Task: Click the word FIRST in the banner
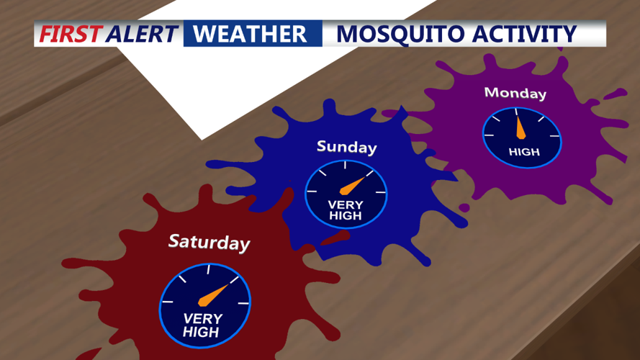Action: (71, 34)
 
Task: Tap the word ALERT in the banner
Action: (141, 34)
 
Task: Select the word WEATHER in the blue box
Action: (250, 34)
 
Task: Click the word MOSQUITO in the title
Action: (389, 34)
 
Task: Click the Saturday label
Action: (209, 242)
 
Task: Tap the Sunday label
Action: (346, 147)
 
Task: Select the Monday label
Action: (515, 93)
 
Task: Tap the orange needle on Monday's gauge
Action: (520, 128)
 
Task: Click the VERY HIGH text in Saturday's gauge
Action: (202, 325)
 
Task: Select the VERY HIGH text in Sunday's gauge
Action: (346, 210)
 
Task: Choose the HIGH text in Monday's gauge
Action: (523, 152)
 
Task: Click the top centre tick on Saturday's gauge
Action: (208, 270)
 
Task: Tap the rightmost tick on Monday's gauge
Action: (554, 135)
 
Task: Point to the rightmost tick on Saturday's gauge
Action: (243, 303)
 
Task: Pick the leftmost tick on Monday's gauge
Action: (488, 135)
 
